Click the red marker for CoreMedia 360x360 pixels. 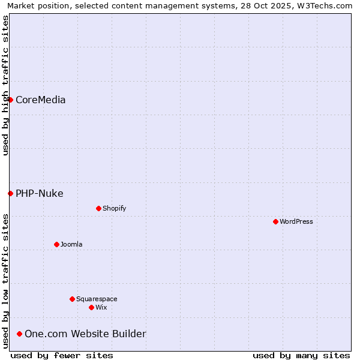[10, 100]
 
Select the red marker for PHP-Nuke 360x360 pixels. [10, 193]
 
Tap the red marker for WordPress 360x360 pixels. [275, 221]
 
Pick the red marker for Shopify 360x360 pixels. [98, 208]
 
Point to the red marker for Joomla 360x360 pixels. [56, 244]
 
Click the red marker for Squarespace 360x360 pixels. [72, 299]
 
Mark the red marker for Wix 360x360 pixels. [91, 307]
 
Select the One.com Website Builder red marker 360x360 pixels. [19, 334]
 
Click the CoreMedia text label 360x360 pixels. [40, 100]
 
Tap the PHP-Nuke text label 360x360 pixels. [39, 193]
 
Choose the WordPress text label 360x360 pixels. [296, 221]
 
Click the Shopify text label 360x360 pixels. [114, 208]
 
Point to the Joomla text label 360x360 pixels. [71, 244]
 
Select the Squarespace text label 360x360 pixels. [97, 299]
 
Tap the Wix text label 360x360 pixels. [101, 307]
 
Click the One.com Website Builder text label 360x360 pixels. [85, 334]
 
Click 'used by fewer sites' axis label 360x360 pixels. [62, 355]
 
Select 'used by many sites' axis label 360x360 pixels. [301, 355]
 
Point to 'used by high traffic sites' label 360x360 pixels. [5, 85]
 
